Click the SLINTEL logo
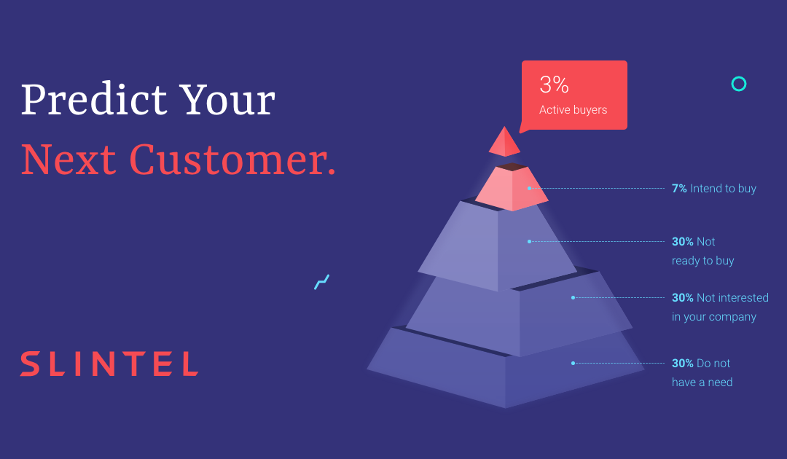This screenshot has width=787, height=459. coord(109,364)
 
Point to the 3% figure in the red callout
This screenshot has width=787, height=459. coord(554,85)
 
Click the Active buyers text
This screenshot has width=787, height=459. coord(573,110)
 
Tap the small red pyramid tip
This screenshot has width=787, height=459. coord(504,142)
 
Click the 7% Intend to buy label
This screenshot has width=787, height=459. coord(713,189)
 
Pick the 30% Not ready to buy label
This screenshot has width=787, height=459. coord(702,251)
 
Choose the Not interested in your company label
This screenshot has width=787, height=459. coord(719,307)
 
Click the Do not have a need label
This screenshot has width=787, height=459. coord(702,372)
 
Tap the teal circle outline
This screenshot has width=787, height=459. coord(738,84)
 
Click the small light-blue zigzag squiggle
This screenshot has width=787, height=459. coord(321,282)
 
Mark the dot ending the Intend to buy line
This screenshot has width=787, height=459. coord(530,189)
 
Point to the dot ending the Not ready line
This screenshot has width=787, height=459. coord(530,241)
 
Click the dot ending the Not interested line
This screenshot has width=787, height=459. coord(573,297)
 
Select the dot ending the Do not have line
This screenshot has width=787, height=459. coord(573,363)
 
